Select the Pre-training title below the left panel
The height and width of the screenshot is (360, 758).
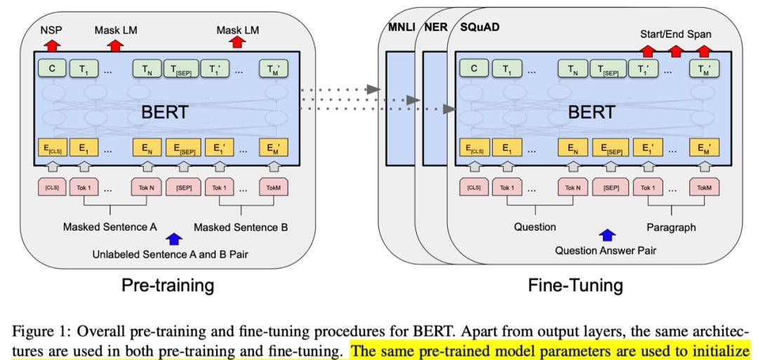click(166, 286)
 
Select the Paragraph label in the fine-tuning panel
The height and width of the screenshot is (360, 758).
click(670, 227)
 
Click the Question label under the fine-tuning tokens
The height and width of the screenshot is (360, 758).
click(535, 227)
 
